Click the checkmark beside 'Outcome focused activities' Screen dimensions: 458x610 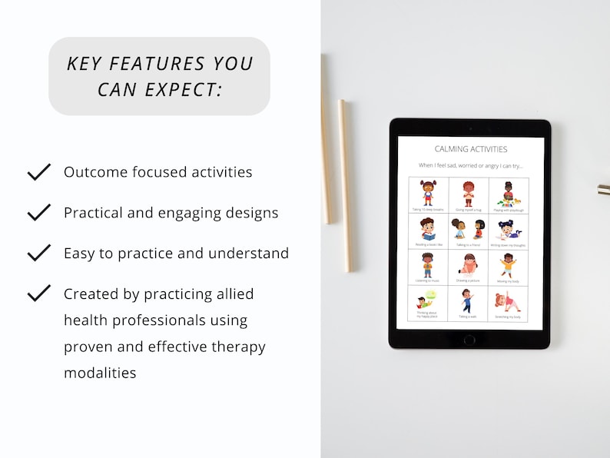tap(38, 172)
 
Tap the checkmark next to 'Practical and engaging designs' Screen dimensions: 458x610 tap(38, 213)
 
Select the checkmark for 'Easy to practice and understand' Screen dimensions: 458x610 tap(38, 253)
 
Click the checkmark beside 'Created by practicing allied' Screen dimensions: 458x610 tap(38, 293)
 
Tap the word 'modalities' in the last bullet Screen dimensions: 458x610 tap(100, 373)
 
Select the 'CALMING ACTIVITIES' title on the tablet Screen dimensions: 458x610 tap(470, 149)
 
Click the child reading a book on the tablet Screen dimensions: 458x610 tap(428, 228)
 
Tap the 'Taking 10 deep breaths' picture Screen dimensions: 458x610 tap(428, 192)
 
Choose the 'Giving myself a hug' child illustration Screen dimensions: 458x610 tap(469, 192)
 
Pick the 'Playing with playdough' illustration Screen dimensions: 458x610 tap(509, 192)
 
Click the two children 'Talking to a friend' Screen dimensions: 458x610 tap(469, 228)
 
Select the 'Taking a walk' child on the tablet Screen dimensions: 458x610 tap(469, 300)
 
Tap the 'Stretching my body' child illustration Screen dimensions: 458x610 tap(509, 300)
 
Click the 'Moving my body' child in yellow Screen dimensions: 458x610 tap(509, 264)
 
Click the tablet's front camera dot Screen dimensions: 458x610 tap(470, 128)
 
